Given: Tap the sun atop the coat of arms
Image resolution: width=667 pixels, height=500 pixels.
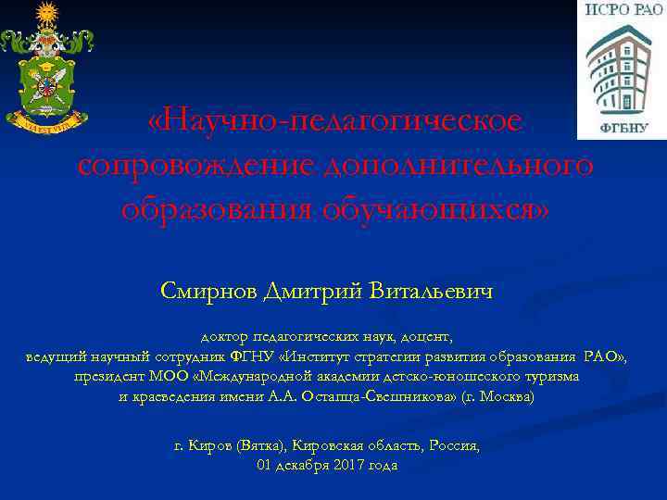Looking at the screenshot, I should pos(45,14).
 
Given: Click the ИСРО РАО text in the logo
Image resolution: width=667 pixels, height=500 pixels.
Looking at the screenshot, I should pos(623,10).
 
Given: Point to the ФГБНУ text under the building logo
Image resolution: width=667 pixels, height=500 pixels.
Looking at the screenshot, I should pos(622,128).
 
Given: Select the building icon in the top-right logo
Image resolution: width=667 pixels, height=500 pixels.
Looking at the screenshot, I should pos(622,69).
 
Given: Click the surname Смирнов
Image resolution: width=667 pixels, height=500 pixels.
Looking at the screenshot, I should pos(210,292).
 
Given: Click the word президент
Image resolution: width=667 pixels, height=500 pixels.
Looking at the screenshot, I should pos(111,377).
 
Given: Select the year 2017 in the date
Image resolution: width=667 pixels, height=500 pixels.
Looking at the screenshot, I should pos(345,465).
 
